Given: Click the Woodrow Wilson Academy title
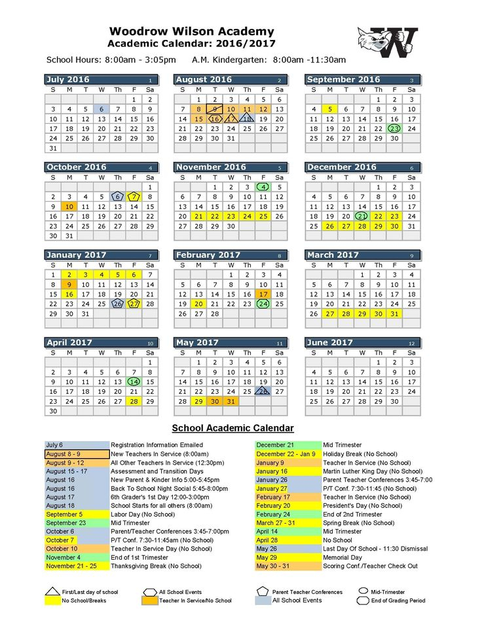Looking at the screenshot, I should pyautogui.click(x=192, y=31).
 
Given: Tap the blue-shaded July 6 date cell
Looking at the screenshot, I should pyautogui.click(x=102, y=109).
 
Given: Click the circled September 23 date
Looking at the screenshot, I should pyautogui.click(x=394, y=128).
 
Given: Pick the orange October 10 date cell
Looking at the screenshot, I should pyautogui.click(x=69, y=206).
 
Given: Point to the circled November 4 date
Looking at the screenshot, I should pyautogui.click(x=263, y=187).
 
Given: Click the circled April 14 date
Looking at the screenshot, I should pyautogui.click(x=134, y=381).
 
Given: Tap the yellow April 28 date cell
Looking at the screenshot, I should pyautogui.click(x=134, y=401).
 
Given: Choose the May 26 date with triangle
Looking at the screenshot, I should pyautogui.click(x=263, y=391).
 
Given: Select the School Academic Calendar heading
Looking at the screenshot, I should pyautogui.click(x=232, y=428).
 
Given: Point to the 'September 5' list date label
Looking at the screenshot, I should pyautogui.click(x=64, y=515).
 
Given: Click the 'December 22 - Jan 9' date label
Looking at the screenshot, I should pyautogui.click(x=286, y=454).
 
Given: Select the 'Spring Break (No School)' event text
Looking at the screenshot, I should pyautogui.click(x=359, y=523).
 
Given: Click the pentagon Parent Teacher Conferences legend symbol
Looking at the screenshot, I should pyautogui.click(x=263, y=591).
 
